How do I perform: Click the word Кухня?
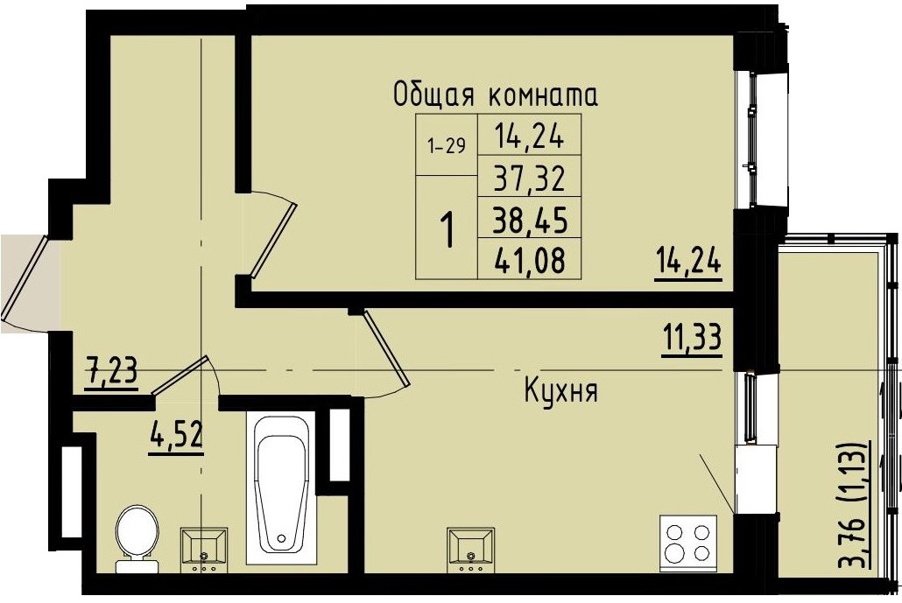(560, 391)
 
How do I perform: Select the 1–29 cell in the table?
(446, 145)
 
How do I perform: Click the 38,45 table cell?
(529, 220)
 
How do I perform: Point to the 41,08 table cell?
(529, 259)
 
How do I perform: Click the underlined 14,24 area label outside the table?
(688, 261)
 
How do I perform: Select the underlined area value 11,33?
(691, 336)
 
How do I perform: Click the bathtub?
(281, 487)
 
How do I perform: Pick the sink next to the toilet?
(203, 548)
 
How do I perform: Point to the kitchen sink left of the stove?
(470, 548)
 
